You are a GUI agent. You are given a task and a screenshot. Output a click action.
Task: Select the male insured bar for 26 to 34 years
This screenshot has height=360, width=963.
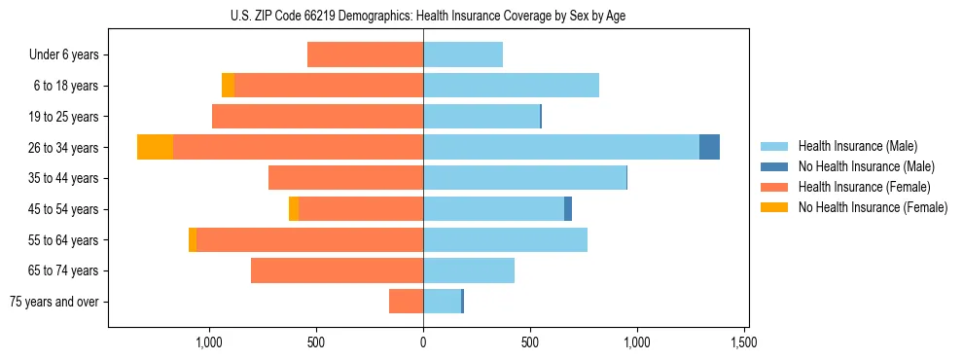click(561, 147)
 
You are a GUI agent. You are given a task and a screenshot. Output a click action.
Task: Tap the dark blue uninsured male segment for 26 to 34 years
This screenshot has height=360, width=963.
click(709, 147)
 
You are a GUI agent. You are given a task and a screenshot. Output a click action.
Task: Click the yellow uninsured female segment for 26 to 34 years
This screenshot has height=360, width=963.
click(155, 147)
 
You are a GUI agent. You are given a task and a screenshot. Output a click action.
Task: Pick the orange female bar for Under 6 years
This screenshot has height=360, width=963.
click(365, 54)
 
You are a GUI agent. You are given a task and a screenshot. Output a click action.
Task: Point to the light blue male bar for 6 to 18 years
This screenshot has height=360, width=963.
click(511, 86)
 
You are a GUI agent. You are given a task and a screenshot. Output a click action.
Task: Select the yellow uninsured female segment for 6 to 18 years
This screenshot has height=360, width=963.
click(228, 86)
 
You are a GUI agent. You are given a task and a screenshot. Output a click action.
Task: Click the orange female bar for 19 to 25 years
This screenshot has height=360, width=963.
click(317, 116)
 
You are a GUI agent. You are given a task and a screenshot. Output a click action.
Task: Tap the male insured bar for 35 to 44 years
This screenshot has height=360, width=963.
click(524, 178)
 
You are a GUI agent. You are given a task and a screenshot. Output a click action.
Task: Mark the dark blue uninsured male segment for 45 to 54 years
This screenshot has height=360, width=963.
click(568, 208)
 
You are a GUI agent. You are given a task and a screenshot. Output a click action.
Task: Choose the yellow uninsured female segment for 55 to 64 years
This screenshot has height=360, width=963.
click(193, 239)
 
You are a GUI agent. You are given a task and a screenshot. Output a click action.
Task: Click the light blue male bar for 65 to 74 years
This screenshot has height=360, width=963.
click(469, 270)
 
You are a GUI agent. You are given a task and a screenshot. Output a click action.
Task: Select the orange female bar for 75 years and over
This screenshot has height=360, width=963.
click(406, 302)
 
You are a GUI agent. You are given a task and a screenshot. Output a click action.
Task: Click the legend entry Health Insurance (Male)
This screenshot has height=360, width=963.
click(857, 146)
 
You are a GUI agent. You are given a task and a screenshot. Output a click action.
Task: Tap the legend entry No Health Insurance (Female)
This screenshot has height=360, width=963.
click(873, 207)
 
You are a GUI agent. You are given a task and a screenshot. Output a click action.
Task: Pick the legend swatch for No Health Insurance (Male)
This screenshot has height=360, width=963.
click(774, 166)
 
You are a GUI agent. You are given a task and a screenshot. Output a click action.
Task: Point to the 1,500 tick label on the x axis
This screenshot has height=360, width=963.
click(744, 342)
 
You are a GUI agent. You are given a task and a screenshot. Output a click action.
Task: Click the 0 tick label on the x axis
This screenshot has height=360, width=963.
click(423, 342)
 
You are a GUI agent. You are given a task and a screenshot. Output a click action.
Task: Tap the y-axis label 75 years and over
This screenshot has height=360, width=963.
click(54, 302)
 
